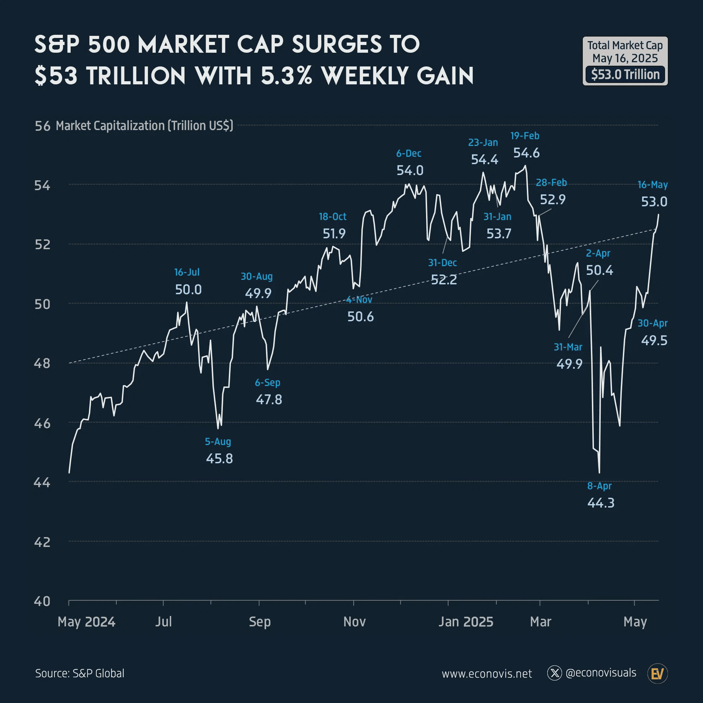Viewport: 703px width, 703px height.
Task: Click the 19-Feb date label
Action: pyautogui.click(x=524, y=136)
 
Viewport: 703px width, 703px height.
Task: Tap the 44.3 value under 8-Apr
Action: pyautogui.click(x=601, y=503)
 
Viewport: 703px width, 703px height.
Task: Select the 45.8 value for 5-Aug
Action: pyautogui.click(x=219, y=458)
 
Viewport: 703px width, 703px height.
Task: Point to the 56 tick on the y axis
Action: pyautogui.click(x=42, y=126)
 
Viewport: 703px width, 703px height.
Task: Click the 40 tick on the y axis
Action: pyautogui.click(x=42, y=601)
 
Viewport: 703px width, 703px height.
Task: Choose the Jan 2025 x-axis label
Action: pyautogui.click(x=466, y=622)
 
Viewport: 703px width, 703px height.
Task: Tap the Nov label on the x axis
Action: pyautogui.click(x=354, y=622)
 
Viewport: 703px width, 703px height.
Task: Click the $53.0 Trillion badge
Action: pyautogui.click(x=625, y=75)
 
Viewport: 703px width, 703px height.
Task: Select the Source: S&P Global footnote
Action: pyautogui.click(x=80, y=673)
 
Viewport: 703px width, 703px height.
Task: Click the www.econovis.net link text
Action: pyautogui.click(x=486, y=674)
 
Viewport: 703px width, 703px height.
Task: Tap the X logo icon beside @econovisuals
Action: pyautogui.click(x=555, y=673)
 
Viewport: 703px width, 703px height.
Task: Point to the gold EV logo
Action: pyautogui.click(x=657, y=673)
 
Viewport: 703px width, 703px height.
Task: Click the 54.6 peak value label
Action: pyautogui.click(x=526, y=153)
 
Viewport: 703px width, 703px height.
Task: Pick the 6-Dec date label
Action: pyautogui.click(x=409, y=154)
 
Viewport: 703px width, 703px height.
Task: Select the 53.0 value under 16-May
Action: pyautogui.click(x=654, y=201)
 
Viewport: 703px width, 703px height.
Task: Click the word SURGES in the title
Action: pyautogui.click(x=337, y=44)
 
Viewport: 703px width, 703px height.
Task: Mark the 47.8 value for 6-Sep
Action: pyautogui.click(x=269, y=400)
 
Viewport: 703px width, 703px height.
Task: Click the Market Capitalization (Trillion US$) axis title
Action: pyautogui.click(x=144, y=125)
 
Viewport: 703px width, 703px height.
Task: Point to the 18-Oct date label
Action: pyautogui.click(x=333, y=217)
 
